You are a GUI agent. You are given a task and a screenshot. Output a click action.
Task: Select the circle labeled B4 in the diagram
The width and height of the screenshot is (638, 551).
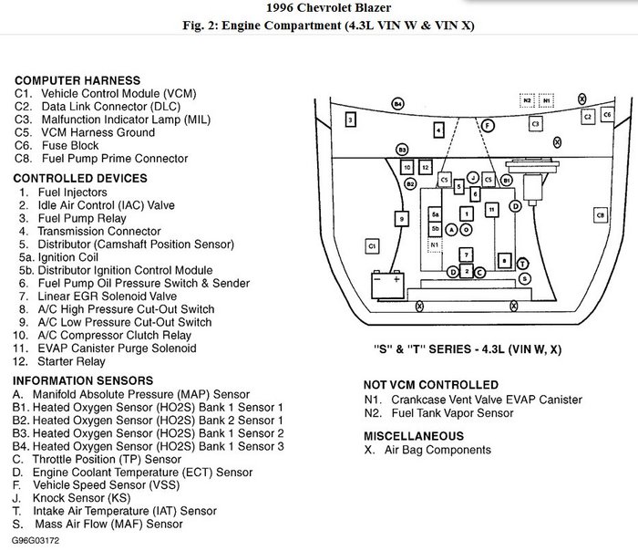click(x=397, y=105)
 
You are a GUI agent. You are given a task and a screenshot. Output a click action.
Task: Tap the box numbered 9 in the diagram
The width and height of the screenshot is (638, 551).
click(x=400, y=218)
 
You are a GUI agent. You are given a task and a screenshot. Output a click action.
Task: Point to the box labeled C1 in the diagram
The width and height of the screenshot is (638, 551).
click(x=371, y=246)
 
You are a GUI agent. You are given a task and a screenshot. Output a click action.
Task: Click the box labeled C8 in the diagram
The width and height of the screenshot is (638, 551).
click(x=600, y=215)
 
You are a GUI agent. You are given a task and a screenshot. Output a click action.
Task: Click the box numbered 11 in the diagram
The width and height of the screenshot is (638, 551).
click(x=491, y=209)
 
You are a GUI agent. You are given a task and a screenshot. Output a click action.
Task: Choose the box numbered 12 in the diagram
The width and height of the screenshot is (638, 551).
click(x=426, y=167)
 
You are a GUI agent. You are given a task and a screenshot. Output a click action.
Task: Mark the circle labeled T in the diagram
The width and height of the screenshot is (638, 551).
click(x=522, y=263)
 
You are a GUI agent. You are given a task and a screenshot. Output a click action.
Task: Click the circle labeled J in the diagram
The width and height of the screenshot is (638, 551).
click(x=473, y=175)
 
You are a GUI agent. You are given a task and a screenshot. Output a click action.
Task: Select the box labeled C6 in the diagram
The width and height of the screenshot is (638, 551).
click(x=607, y=116)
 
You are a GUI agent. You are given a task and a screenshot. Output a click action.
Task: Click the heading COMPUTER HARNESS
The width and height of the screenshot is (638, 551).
click(x=77, y=80)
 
